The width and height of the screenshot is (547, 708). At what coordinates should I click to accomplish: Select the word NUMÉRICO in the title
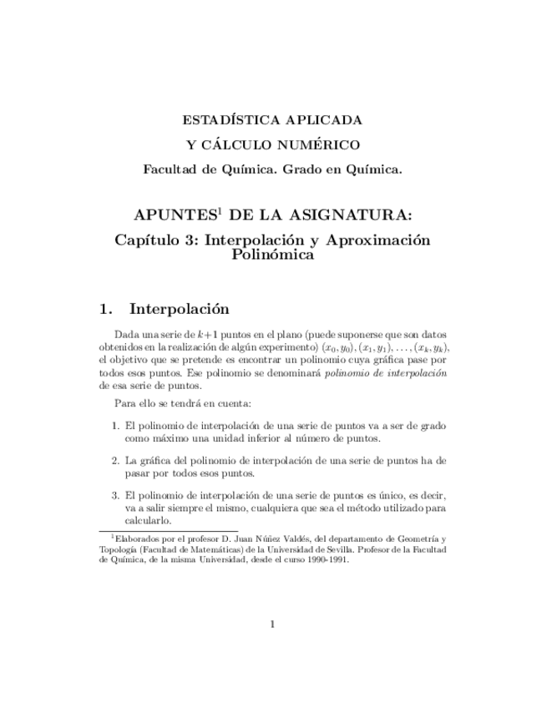[x=322, y=145]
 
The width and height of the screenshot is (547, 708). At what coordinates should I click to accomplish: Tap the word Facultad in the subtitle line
[x=171, y=169]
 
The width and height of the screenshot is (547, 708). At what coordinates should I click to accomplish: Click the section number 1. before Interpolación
[x=105, y=309]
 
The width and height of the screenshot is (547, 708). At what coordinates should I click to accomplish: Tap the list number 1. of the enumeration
[x=115, y=426]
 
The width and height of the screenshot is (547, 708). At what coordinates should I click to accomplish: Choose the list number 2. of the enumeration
[x=115, y=460]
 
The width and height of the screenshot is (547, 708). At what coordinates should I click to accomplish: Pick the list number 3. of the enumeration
[x=115, y=495]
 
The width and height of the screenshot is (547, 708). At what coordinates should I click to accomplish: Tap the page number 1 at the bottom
[x=273, y=624]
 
